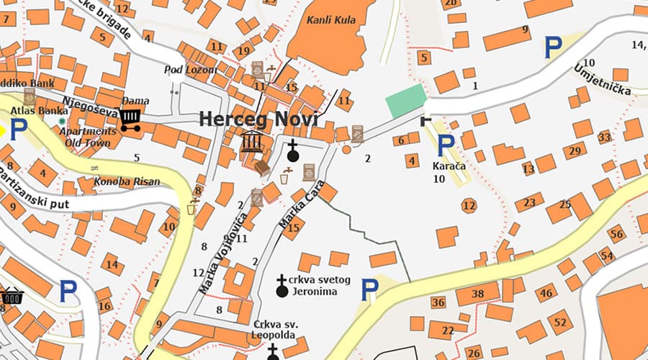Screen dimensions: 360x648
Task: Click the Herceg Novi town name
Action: [258, 120]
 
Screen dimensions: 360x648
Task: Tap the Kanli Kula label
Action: [331, 19]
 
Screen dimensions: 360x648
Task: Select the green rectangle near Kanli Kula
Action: [406, 100]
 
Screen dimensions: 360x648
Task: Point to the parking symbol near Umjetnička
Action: [552, 48]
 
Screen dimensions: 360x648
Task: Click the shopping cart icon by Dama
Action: [130, 119]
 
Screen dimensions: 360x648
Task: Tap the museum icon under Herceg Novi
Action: [251, 141]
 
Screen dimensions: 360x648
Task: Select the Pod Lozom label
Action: [190, 69]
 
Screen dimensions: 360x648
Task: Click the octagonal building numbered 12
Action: [469, 206]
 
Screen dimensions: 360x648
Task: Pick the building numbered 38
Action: [477, 294]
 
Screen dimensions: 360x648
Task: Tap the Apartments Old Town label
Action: [87, 137]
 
